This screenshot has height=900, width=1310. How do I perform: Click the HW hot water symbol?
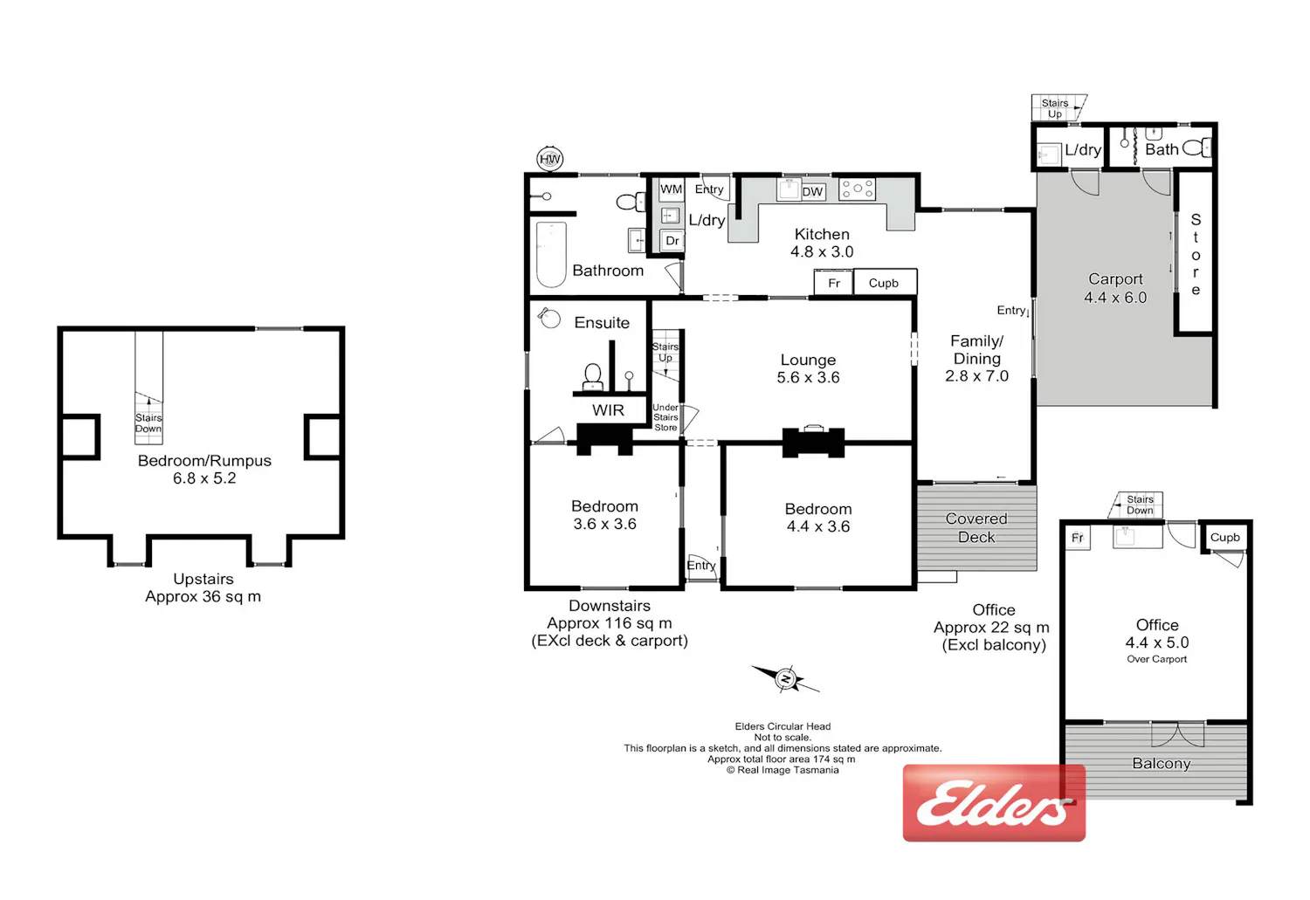click(x=549, y=158)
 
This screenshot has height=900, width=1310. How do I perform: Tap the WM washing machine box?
click(x=671, y=189)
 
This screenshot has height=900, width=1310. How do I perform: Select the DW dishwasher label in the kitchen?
click(x=812, y=192)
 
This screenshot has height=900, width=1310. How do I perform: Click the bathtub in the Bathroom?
click(x=551, y=254)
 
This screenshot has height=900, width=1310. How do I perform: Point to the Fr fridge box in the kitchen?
click(x=834, y=283)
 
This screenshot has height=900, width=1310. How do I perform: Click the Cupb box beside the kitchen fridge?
click(x=885, y=283)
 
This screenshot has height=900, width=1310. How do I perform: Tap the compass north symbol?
click(x=785, y=678)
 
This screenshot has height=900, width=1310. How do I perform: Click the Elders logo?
click(x=994, y=803)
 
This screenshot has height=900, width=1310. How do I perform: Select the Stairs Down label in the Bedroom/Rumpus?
click(x=148, y=423)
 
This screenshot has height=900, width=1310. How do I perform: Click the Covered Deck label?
click(x=976, y=528)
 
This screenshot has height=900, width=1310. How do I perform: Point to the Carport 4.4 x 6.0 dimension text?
click(x=1115, y=298)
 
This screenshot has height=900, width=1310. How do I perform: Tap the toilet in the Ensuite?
click(x=592, y=376)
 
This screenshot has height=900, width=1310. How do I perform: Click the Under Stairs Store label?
click(x=665, y=417)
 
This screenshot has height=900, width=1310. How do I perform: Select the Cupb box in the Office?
click(x=1224, y=537)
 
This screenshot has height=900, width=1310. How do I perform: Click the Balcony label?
click(x=1162, y=763)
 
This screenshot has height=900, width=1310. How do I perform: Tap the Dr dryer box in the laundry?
click(x=672, y=241)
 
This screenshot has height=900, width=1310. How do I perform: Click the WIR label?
click(x=608, y=410)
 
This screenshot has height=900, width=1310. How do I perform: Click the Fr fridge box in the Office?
click(x=1078, y=538)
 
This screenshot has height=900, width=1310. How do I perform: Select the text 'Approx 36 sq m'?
click(x=203, y=597)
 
